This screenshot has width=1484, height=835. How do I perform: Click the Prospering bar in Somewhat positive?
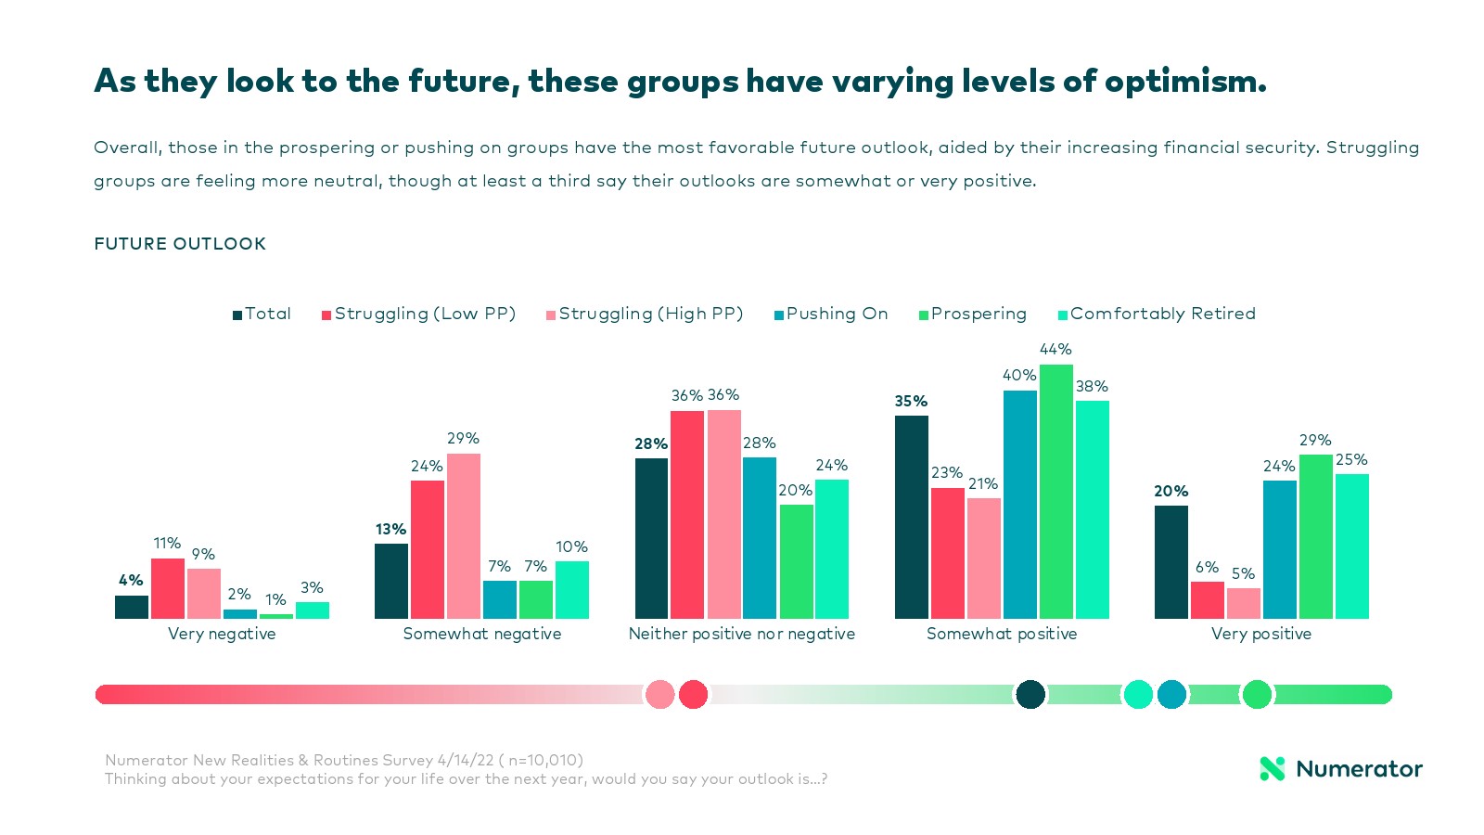click(x=1055, y=492)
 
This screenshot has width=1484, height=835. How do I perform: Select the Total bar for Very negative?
click(x=132, y=607)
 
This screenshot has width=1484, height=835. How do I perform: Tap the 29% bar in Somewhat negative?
click(x=464, y=536)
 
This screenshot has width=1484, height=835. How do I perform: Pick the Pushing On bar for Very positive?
click(x=1279, y=549)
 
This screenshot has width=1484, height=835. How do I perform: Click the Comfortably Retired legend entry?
click(x=1157, y=314)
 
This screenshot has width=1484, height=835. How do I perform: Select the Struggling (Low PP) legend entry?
click(x=418, y=314)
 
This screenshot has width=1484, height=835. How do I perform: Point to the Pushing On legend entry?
click(x=831, y=314)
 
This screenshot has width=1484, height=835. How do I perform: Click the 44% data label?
click(x=1055, y=349)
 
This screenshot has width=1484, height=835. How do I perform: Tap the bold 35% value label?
click(x=911, y=401)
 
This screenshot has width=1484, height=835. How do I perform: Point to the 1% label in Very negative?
click(x=275, y=599)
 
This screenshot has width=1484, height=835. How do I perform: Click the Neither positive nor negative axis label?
click(x=742, y=634)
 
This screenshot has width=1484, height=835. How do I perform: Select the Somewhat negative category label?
click(x=482, y=634)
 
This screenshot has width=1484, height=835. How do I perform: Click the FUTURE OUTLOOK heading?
click(x=180, y=244)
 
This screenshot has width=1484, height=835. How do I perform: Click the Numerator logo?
click(x=1340, y=768)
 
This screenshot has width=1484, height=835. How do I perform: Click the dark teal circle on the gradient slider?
click(x=1030, y=694)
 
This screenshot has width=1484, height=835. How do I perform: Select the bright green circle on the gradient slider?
click(x=1257, y=694)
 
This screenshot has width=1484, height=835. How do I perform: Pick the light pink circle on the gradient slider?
click(x=659, y=694)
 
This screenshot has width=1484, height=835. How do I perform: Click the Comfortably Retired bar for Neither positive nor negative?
click(x=832, y=549)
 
